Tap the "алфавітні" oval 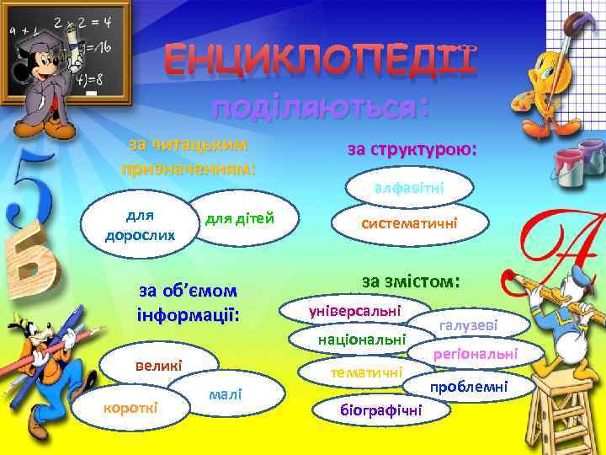tap(409, 187)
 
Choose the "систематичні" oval tap(409, 223)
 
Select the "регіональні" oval tap(475, 354)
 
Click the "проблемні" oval tap(469, 386)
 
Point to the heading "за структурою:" tap(412, 149)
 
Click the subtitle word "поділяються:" tap(320, 107)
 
